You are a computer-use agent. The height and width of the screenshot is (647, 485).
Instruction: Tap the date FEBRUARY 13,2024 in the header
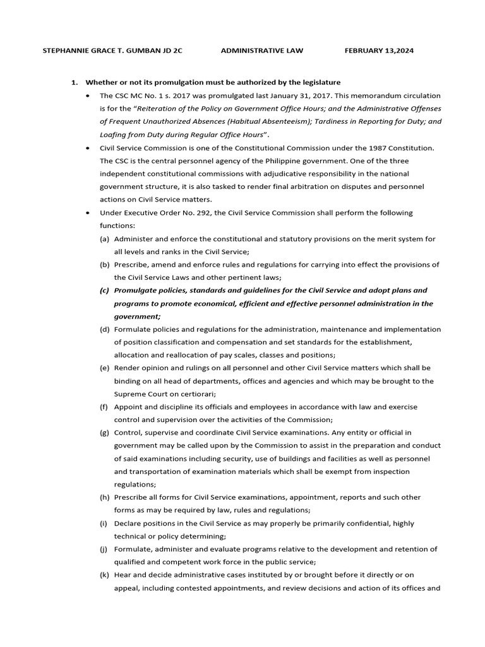point(379,51)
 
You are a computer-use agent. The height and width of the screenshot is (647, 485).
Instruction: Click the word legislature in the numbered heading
point(318,83)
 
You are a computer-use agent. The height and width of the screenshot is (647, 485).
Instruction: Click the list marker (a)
point(104,239)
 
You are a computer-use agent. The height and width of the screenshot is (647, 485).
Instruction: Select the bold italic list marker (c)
point(104,291)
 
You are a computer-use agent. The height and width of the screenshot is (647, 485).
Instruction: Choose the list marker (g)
point(104,433)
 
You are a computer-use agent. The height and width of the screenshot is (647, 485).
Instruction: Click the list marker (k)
point(104,576)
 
